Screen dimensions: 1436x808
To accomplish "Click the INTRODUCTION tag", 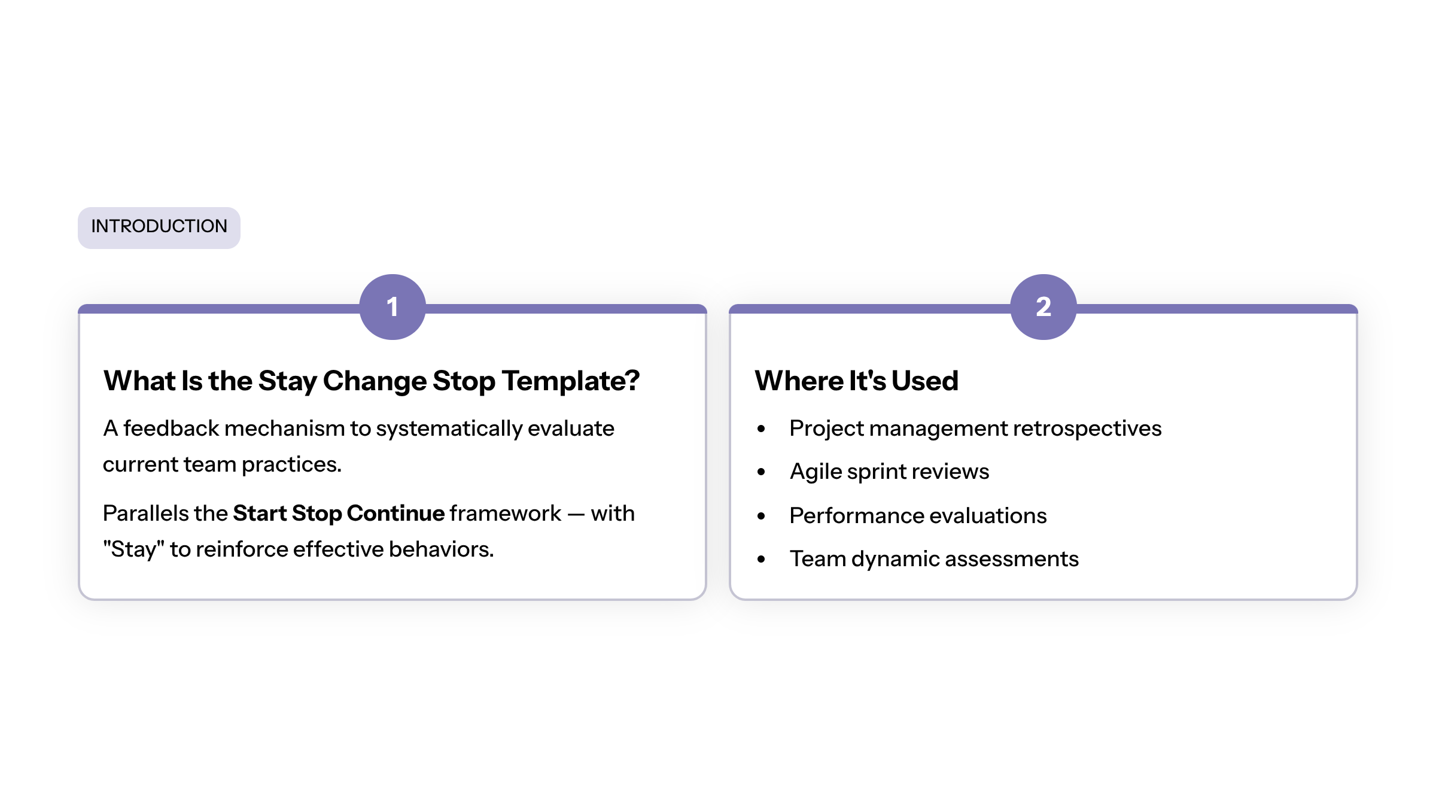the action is tap(159, 227).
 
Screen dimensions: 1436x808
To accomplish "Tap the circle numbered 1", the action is tap(393, 307).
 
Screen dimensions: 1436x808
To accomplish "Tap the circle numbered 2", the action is tap(1043, 307).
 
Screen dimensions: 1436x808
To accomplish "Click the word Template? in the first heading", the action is tap(571, 381).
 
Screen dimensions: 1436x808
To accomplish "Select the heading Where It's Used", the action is tap(857, 381).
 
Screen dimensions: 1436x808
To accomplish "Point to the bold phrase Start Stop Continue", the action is tap(339, 514).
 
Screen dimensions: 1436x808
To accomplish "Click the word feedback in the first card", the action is tap(171, 429).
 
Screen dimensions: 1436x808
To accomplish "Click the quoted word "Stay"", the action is tap(133, 549).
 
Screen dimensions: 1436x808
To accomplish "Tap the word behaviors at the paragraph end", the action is tap(442, 549).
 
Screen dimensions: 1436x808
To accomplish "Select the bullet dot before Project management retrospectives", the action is tap(761, 429).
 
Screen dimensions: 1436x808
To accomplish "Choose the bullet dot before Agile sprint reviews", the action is tap(761, 472).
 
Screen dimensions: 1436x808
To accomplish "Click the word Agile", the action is tap(816, 472).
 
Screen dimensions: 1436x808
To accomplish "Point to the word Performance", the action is tap(856, 516).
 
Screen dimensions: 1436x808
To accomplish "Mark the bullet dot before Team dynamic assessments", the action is tap(761, 559).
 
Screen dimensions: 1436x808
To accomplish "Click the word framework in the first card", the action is tap(506, 514).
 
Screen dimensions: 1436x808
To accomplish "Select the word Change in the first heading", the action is tap(375, 382).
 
